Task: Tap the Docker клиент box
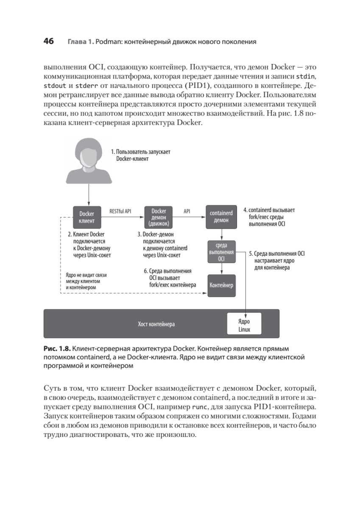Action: pos(89,217)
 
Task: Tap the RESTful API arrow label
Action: pos(120,210)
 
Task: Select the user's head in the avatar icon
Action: pos(89,154)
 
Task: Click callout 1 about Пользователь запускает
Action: pos(140,155)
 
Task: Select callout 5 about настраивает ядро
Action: pos(276,261)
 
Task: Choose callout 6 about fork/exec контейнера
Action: pos(170,278)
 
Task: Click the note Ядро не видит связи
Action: pos(84,281)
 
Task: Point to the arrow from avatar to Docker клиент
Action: pos(89,195)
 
